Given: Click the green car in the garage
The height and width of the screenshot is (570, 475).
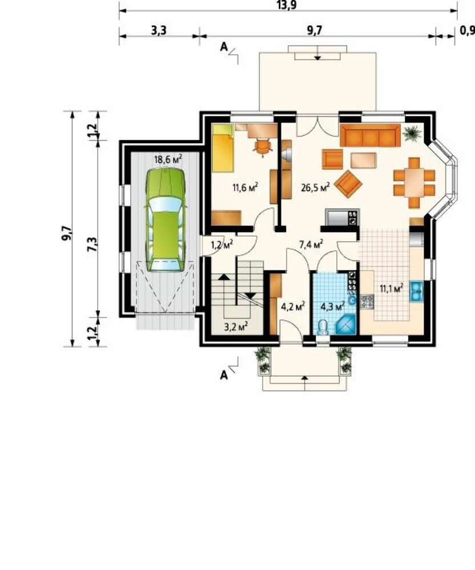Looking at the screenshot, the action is click(x=166, y=219).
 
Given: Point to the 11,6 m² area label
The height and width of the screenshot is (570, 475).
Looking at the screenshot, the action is click(x=245, y=188).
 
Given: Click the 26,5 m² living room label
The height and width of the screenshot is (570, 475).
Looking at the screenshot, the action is click(x=316, y=187).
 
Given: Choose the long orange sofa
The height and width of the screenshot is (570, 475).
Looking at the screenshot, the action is click(x=370, y=135).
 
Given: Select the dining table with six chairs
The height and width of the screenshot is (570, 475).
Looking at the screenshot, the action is click(x=414, y=182).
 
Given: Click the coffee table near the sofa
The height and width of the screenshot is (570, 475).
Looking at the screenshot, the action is click(x=363, y=160).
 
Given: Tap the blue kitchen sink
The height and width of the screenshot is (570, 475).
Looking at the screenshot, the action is click(x=417, y=291).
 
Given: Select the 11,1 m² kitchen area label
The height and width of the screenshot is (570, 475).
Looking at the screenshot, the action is click(x=392, y=288).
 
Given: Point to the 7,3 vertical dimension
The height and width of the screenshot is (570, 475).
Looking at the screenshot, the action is click(x=93, y=243).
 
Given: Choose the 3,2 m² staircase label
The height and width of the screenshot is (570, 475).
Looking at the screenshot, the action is click(x=236, y=327).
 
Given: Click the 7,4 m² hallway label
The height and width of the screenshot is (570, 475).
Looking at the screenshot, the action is click(x=311, y=245).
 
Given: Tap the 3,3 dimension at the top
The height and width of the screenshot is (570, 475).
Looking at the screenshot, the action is click(x=159, y=30).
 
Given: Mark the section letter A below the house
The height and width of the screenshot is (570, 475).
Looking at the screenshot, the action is click(x=224, y=375).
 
